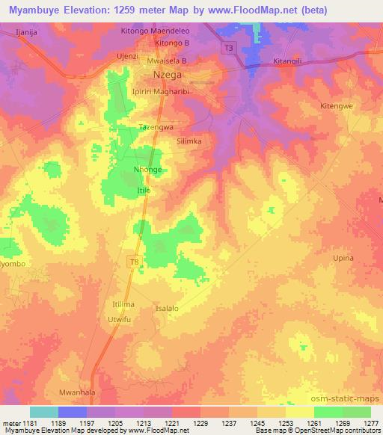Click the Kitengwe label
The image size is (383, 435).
tap(336, 107)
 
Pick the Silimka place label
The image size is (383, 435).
tap(189, 141)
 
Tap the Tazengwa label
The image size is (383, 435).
tap(156, 128)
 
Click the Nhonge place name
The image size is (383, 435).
tap(147, 170)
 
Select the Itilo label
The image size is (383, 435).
tap(144, 191)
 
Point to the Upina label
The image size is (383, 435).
tap(343, 258)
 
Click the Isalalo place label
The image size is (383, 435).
tap(167, 308)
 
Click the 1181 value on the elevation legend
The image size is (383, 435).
tap(21, 422)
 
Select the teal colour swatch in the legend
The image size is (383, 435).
tap(44, 412)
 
